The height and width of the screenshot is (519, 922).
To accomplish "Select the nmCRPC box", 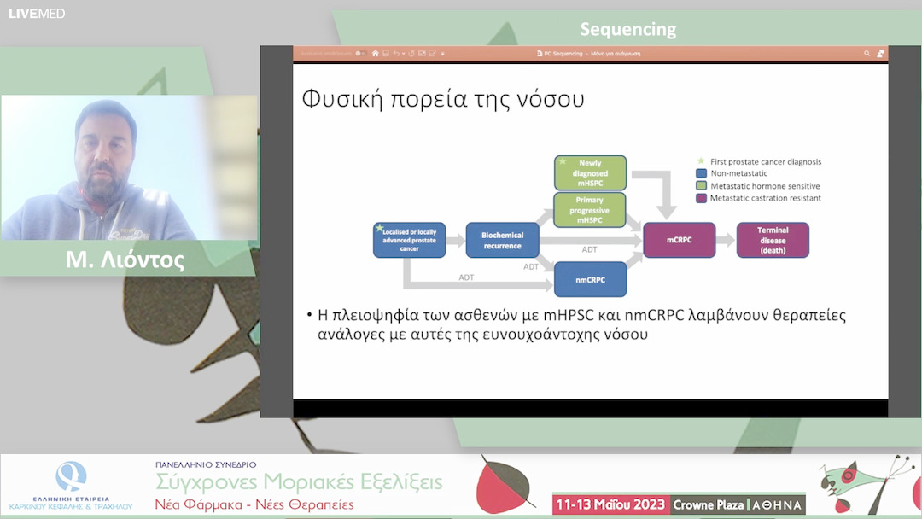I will tap(590, 278).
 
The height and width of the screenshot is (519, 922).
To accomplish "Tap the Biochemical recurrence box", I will tap(502, 240).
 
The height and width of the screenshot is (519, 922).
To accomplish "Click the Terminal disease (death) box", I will tap(772, 240).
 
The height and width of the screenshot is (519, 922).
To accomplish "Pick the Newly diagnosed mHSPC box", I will tap(590, 173).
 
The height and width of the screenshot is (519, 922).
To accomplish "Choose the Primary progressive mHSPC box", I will tap(590, 210).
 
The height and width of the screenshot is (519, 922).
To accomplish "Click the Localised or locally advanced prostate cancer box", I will tap(409, 240).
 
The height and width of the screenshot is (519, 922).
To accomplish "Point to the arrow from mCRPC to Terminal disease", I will tap(725, 241).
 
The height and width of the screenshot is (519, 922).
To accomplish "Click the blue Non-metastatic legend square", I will tap(701, 173).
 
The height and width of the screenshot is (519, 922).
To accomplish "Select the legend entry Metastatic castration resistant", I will tap(765, 198).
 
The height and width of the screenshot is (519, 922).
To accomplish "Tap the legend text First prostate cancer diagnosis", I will tap(765, 161).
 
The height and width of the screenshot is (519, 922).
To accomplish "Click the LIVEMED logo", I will tap(37, 13).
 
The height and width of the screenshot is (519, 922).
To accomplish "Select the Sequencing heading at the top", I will tap(627, 29).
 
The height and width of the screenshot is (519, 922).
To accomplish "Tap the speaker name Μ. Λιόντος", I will tap(125, 259).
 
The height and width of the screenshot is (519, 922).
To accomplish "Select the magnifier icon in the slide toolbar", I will tap(867, 53).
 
